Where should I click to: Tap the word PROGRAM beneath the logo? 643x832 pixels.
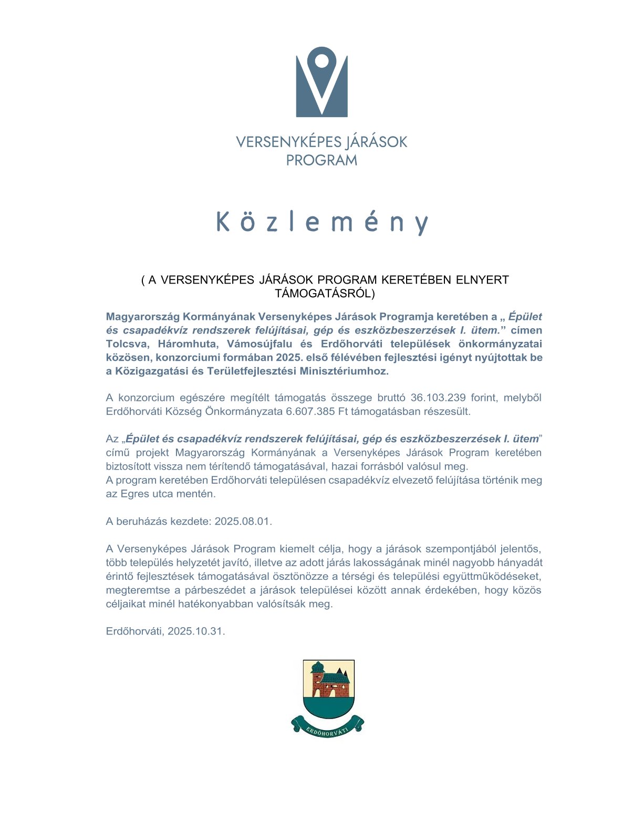coord(321,160)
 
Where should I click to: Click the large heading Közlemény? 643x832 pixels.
coord(322,222)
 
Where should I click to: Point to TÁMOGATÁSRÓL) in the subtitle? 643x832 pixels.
coord(325,294)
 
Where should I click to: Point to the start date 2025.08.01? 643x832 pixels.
coord(243,522)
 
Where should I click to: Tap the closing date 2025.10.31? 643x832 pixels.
coord(196,631)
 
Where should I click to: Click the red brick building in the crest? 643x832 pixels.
coord(329,683)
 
